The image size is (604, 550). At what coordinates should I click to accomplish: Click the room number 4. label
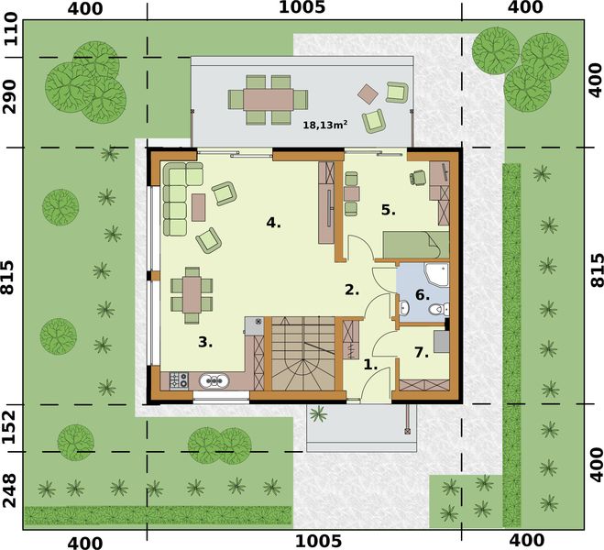pyautogui.click(x=273, y=223)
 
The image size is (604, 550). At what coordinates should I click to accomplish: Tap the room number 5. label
pyautogui.click(x=389, y=210)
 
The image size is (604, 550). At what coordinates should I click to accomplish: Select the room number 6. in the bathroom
pyautogui.click(x=422, y=295)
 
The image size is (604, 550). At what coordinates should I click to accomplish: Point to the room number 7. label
pyautogui.click(x=422, y=352)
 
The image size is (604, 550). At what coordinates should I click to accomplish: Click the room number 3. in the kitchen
pyautogui.click(x=205, y=342)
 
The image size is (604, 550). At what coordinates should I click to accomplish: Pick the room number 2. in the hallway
pyautogui.click(x=351, y=290)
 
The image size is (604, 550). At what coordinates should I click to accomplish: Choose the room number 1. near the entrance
pyautogui.click(x=370, y=364)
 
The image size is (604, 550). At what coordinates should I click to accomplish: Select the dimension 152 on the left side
pyautogui.click(x=11, y=426)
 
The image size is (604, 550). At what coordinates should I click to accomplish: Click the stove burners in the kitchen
pyautogui.click(x=178, y=379)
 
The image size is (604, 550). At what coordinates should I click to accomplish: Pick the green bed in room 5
pyautogui.click(x=414, y=245)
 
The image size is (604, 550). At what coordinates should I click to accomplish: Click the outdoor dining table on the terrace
pyautogui.click(x=269, y=98)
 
